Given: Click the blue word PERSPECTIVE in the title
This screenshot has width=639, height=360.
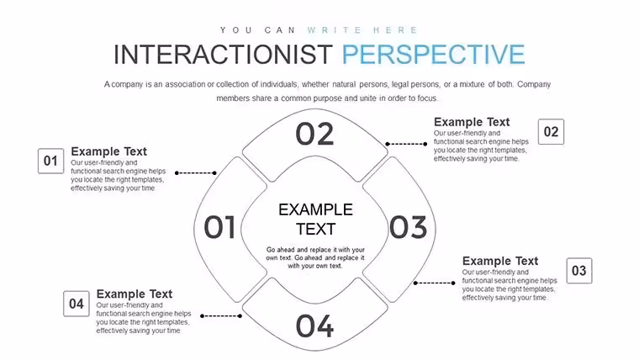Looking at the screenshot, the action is point(433,55).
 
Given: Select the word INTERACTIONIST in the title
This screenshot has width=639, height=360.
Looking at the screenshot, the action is point(223,55).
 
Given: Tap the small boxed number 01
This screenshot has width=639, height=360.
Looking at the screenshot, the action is point(51,161).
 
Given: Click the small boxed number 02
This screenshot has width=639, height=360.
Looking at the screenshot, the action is point(551,132).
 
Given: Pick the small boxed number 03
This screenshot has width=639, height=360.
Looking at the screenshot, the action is point(579,271).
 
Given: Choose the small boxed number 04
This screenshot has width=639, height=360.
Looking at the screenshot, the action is point(77,304).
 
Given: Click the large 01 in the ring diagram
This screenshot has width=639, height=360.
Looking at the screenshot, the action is point(219,227).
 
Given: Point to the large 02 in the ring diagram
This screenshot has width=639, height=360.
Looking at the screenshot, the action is point(314,134).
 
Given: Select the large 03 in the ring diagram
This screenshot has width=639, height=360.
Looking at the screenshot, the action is point(408,227).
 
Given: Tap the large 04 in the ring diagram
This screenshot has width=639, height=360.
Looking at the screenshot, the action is point(314,326).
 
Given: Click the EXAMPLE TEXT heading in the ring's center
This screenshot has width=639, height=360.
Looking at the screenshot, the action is point(315,220).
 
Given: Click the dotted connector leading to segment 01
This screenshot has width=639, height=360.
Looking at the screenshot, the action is point(196,173).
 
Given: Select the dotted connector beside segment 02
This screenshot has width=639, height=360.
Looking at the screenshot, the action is point(406,144).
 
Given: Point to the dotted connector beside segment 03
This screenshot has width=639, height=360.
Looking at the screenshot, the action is point(435,283).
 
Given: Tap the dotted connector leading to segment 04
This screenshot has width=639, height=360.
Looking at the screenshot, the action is point(221,316).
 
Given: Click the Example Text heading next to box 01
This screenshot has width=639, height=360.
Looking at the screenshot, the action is point(108,151).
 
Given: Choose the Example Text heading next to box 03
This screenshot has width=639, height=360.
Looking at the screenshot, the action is point(500,261).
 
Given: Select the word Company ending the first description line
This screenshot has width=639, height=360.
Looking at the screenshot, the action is point(534,84).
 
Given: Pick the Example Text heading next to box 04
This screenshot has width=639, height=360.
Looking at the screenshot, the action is point(134,294).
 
